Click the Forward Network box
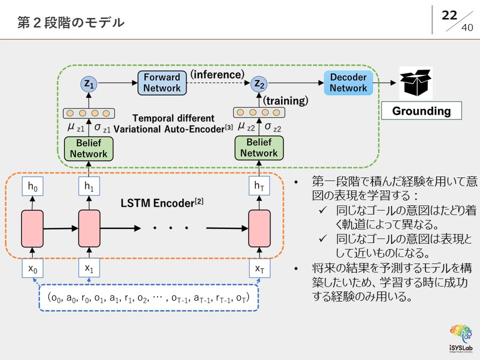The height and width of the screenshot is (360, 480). click(161, 83)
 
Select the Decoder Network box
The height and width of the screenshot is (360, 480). click(348, 83)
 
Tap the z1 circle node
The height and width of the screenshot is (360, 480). click(89, 85)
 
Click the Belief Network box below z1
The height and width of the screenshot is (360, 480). click(88, 148)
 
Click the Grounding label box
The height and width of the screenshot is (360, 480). click(421, 111)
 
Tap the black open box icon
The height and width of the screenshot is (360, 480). click(415, 82)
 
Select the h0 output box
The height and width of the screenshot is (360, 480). click(32, 187)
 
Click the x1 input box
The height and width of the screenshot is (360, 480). click(89, 269)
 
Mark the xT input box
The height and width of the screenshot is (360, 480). click(259, 269)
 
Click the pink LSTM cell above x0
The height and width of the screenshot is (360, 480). click(32, 228)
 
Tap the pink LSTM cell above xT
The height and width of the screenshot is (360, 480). click(259, 228)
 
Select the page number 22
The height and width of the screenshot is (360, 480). click(449, 15)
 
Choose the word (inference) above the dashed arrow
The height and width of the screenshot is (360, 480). click(216, 74)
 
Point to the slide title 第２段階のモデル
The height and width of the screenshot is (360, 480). click(70, 22)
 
